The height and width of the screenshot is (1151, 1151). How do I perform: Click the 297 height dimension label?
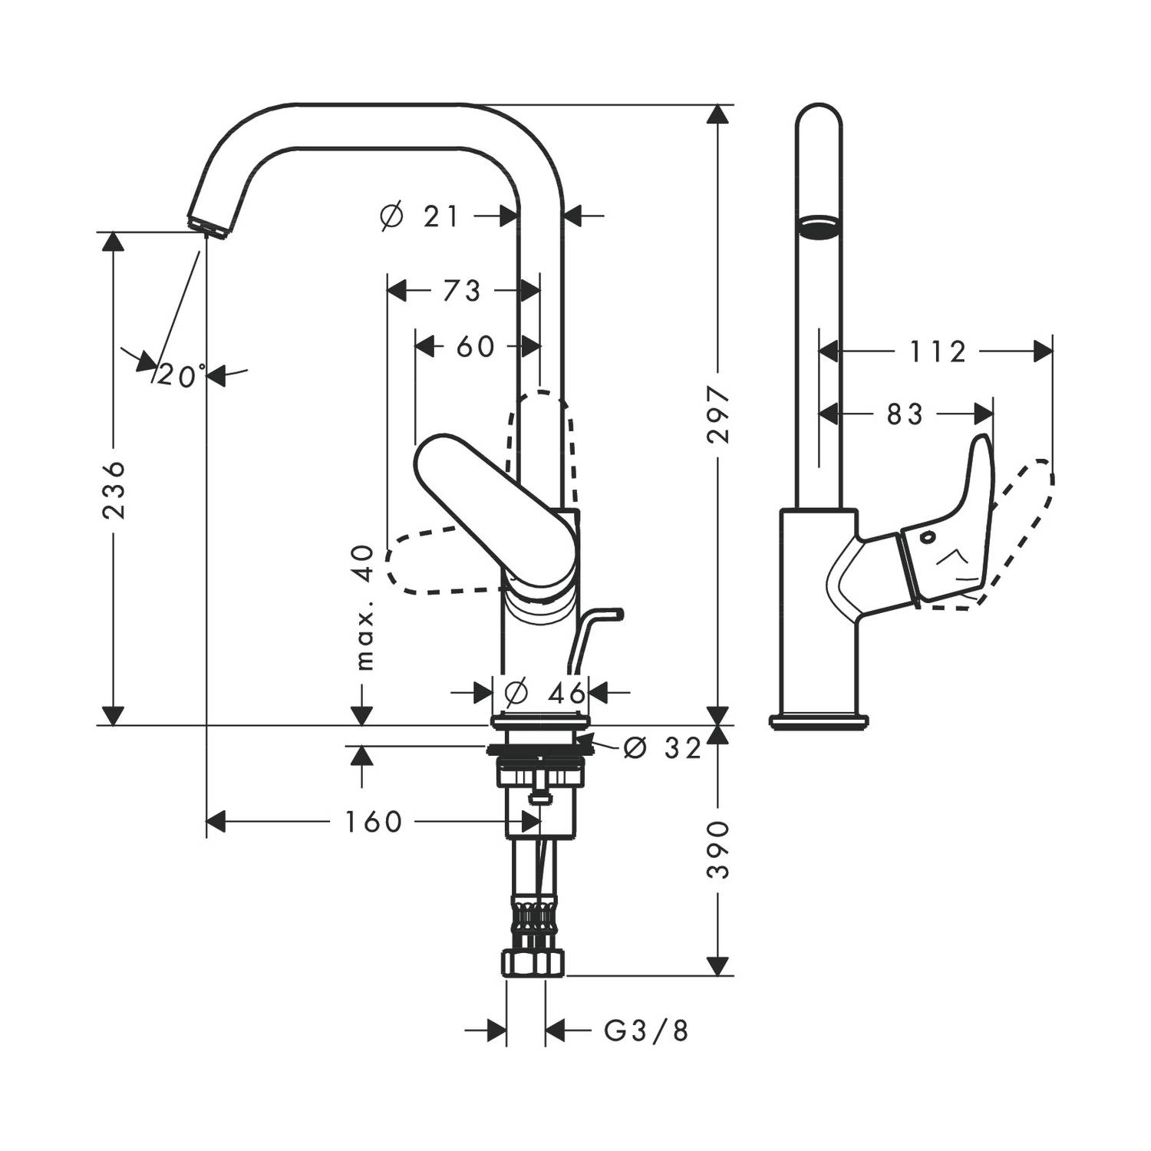click(719, 415)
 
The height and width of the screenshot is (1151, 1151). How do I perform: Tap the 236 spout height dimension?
click(114, 490)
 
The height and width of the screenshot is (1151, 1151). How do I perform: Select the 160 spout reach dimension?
click(373, 822)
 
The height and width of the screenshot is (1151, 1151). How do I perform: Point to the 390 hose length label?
click(719, 850)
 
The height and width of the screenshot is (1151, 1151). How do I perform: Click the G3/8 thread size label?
click(646, 1031)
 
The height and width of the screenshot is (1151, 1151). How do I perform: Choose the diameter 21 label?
click(420, 217)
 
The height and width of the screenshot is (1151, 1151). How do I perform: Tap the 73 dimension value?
click(462, 291)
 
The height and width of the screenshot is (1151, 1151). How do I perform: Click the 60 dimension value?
click(476, 346)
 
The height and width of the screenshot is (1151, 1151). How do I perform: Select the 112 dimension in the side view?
click(938, 352)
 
